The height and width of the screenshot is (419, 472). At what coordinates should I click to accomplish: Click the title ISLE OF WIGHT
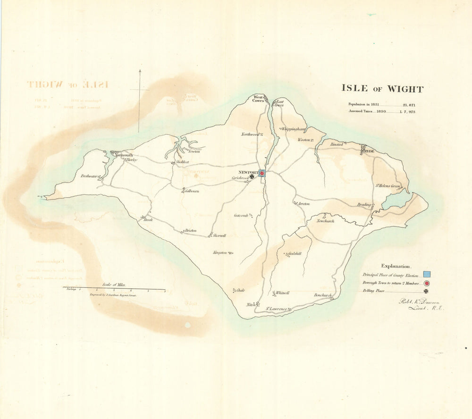coord(382,89)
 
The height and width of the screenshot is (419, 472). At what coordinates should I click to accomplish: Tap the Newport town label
coord(248,172)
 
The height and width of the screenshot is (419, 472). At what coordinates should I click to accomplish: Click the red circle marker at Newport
coord(261,174)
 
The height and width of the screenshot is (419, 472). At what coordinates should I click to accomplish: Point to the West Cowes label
coord(258,99)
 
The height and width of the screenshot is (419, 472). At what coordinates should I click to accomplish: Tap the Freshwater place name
coord(88,176)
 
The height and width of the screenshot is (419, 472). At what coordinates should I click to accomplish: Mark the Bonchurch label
coord(323,295)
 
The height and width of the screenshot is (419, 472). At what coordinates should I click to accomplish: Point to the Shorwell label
coord(219,235)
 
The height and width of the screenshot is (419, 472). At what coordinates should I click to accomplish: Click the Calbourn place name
coord(192,191)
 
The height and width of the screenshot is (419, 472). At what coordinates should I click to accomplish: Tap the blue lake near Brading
coord(396,201)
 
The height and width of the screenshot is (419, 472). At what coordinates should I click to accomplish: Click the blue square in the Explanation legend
coord(427,274)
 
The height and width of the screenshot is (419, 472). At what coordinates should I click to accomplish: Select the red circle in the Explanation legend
coord(427,283)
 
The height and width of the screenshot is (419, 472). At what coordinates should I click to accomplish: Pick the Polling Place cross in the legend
coord(426,292)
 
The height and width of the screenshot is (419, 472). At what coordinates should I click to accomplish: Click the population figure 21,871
coord(406,105)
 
